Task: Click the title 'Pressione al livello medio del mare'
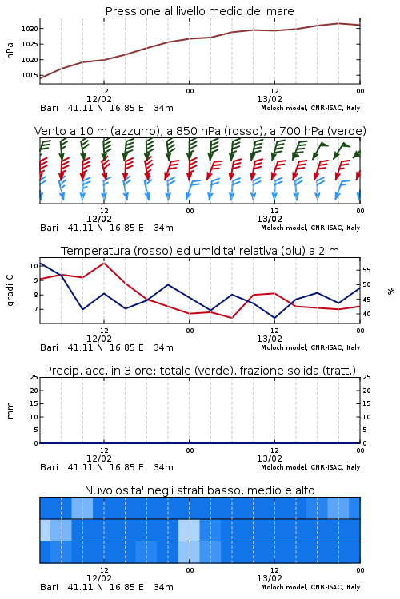point(199,11)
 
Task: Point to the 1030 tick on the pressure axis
point(30,29)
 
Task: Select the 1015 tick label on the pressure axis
point(30,75)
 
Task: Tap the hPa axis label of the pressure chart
point(10,50)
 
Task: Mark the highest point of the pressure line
point(338,23)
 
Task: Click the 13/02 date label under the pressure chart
point(270,99)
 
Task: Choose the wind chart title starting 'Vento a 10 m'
point(200,131)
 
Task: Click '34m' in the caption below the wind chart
point(163,228)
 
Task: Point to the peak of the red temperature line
point(104,263)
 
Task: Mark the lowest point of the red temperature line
point(231,318)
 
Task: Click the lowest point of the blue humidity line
point(274,318)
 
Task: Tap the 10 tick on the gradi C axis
point(34,266)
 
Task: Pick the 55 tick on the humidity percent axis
point(366,270)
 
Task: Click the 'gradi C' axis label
point(10,291)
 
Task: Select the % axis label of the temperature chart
point(391,291)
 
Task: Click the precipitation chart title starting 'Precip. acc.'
point(200,371)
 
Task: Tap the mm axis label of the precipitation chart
point(10,411)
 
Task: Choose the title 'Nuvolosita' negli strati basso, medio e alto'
point(200,490)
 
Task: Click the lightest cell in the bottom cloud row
point(189,552)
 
